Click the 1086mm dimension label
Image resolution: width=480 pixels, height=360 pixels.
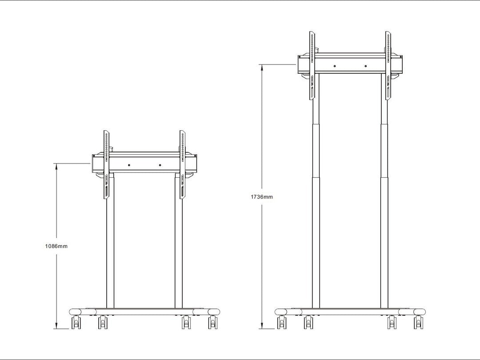[x=56, y=246]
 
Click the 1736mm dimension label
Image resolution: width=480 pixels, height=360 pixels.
[x=262, y=197]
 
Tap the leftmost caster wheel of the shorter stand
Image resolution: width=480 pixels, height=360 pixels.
[x=76, y=323]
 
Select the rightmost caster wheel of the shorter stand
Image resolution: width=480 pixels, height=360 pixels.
[x=213, y=323]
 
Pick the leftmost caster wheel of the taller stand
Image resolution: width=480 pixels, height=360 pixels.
[x=282, y=323]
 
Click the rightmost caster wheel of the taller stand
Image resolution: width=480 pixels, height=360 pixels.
[x=419, y=323]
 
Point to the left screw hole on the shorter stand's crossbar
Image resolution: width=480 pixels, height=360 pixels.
[x=129, y=165]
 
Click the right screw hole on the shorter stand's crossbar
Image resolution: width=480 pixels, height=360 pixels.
[x=160, y=165]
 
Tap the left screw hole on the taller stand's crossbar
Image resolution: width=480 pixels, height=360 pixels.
[x=335, y=66]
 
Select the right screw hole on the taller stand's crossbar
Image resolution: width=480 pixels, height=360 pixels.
[x=365, y=66]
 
